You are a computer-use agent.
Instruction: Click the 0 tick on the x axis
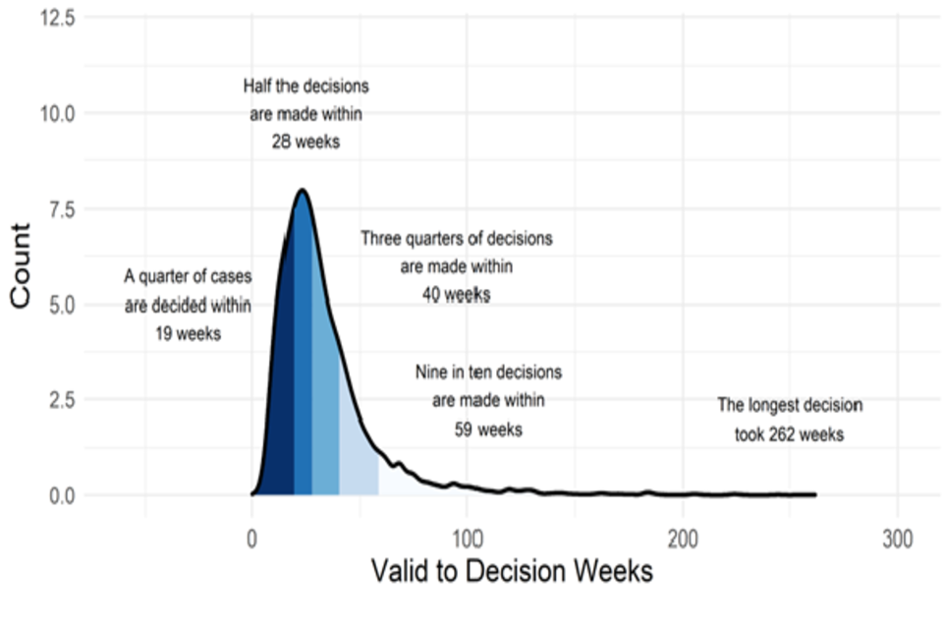tap(251, 541)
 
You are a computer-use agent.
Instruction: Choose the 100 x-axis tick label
tap(467, 541)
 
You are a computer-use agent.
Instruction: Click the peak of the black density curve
tap(303, 191)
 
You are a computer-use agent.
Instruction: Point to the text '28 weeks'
tap(305, 142)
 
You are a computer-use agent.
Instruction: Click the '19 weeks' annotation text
tap(188, 333)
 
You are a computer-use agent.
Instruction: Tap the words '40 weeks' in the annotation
tap(456, 295)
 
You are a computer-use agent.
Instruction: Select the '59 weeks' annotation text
tap(488, 429)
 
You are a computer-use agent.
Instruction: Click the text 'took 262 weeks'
tap(789, 434)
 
